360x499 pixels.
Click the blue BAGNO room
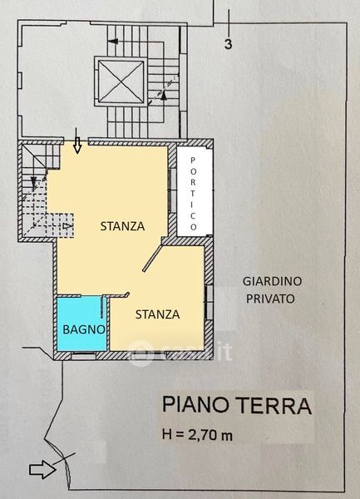pyautogui.click(x=81, y=324)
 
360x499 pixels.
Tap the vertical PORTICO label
pyautogui.click(x=193, y=194)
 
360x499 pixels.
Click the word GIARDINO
pyautogui.click(x=272, y=281)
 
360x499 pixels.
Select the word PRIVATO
pyautogui.click(x=270, y=299)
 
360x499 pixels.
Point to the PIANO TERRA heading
pyautogui.click(x=237, y=405)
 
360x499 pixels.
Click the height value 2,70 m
pyautogui.click(x=210, y=435)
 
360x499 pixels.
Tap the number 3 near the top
pyautogui.click(x=229, y=44)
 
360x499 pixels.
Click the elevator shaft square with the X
pyautogui.click(x=121, y=82)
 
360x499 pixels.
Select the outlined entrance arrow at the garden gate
pyautogui.click(x=42, y=469)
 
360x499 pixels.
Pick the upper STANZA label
pyautogui.click(x=122, y=226)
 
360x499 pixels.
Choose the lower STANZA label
pyautogui.click(x=157, y=314)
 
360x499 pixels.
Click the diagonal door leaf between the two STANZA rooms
pyautogui.click(x=153, y=258)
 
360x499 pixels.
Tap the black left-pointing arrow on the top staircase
pyautogui.click(x=113, y=42)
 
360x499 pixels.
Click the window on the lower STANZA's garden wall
pyautogui.click(x=209, y=303)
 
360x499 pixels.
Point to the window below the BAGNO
pyautogui.click(x=83, y=356)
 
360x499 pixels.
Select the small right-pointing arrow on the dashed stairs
pyautogui.click(x=67, y=226)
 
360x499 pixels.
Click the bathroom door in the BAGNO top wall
pyautogui.click(x=102, y=307)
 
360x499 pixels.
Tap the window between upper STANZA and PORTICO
pyautogui.click(x=172, y=190)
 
